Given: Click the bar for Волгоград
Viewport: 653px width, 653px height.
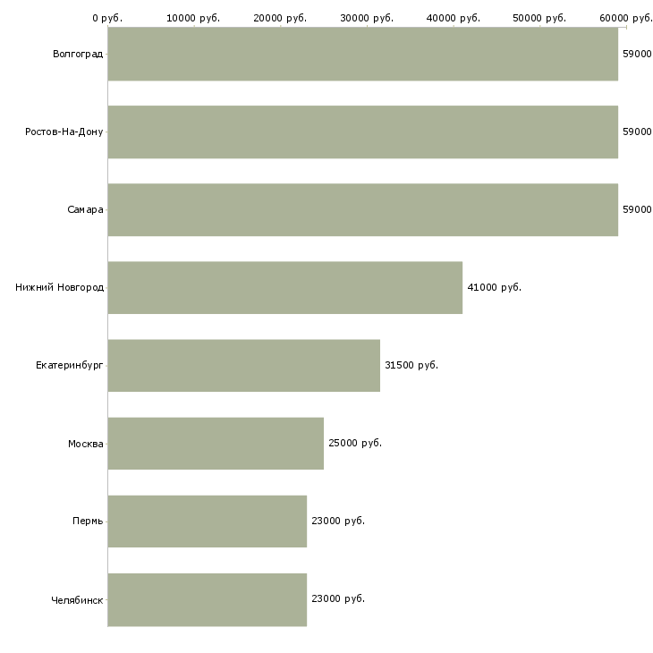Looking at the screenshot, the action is pos(363,54).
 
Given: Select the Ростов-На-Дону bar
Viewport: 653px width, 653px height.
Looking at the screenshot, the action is pos(363,131).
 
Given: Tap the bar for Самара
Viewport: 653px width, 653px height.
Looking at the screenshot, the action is pos(363,209).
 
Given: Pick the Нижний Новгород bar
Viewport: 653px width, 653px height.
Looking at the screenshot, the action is pos(284,287).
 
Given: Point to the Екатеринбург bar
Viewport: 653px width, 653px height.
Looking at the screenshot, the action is pos(243,365).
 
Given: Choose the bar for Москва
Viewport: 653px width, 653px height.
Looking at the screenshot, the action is pos(216,443).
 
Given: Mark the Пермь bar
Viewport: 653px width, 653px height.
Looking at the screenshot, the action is pos(208,521).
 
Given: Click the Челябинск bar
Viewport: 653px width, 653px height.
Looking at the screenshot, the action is pos(208,599).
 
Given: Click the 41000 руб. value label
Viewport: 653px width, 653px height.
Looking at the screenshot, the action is pos(495,287).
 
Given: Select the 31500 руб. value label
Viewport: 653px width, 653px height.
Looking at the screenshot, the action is pos(411,365).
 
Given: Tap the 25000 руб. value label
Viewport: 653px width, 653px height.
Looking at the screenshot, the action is pos(355,443).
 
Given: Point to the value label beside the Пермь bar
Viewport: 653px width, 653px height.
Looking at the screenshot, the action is pos(338,521).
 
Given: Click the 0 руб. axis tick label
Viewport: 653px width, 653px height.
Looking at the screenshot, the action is pos(107,18).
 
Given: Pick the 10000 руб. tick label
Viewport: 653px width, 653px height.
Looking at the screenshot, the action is pos(193,18).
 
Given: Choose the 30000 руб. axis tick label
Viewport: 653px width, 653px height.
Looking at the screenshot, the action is pos(367,18).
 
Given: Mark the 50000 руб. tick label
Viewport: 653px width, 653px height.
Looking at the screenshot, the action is pos(539,18).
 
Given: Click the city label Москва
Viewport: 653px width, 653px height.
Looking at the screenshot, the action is pos(85,444).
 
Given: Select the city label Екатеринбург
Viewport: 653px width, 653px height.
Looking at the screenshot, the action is pos(69,366).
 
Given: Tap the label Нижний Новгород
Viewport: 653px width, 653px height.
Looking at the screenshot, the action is pos(59,287).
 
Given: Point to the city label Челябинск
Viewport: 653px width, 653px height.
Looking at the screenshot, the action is pos(77,600).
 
